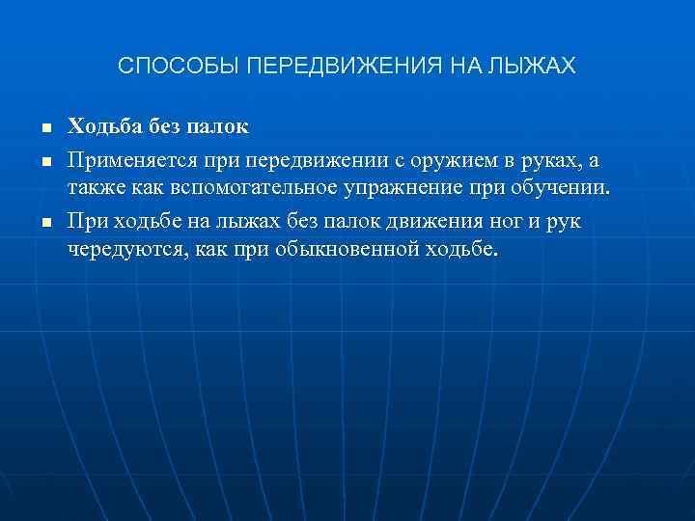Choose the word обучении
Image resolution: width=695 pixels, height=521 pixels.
[562, 187]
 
